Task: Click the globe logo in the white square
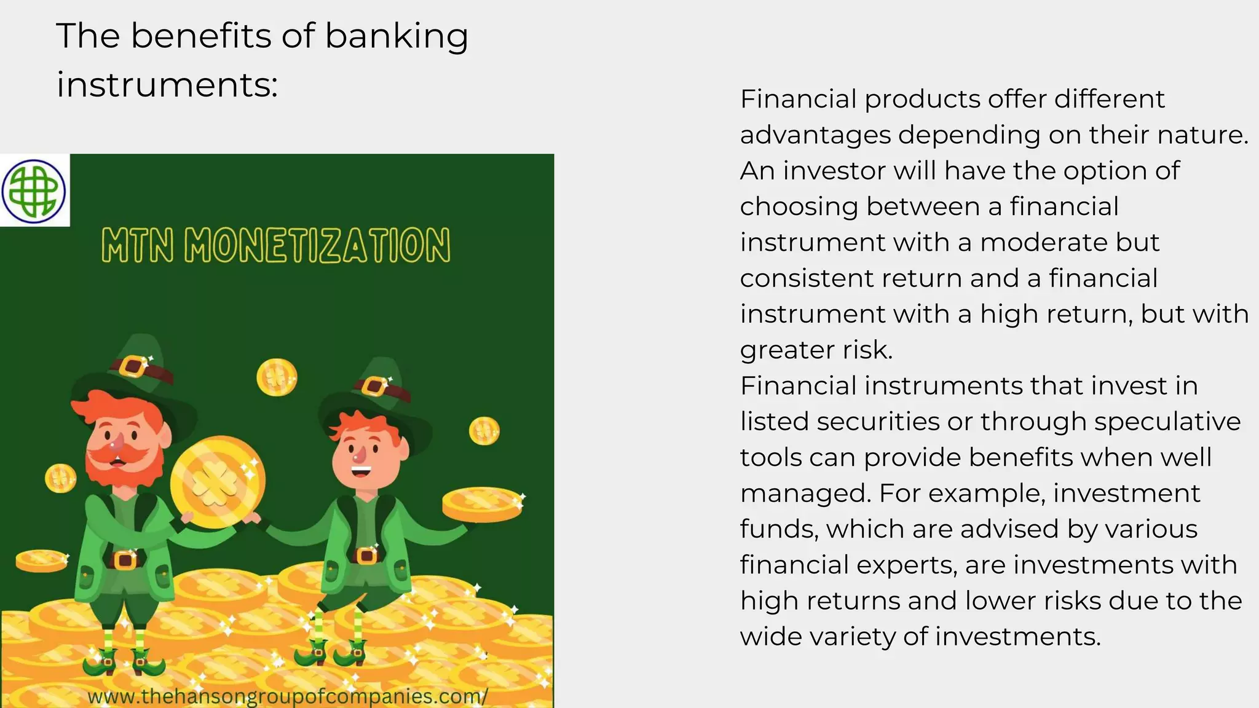coord(34,191)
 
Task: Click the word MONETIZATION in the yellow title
coord(317,246)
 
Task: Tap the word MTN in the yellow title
coord(137,246)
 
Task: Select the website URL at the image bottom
coord(287,696)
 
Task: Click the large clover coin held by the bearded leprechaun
coord(217,482)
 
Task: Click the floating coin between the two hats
coord(277,377)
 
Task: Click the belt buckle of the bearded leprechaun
coord(125,560)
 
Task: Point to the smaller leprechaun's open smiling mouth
coord(361,472)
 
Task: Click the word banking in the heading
coord(397,36)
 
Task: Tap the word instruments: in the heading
coord(167,84)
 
